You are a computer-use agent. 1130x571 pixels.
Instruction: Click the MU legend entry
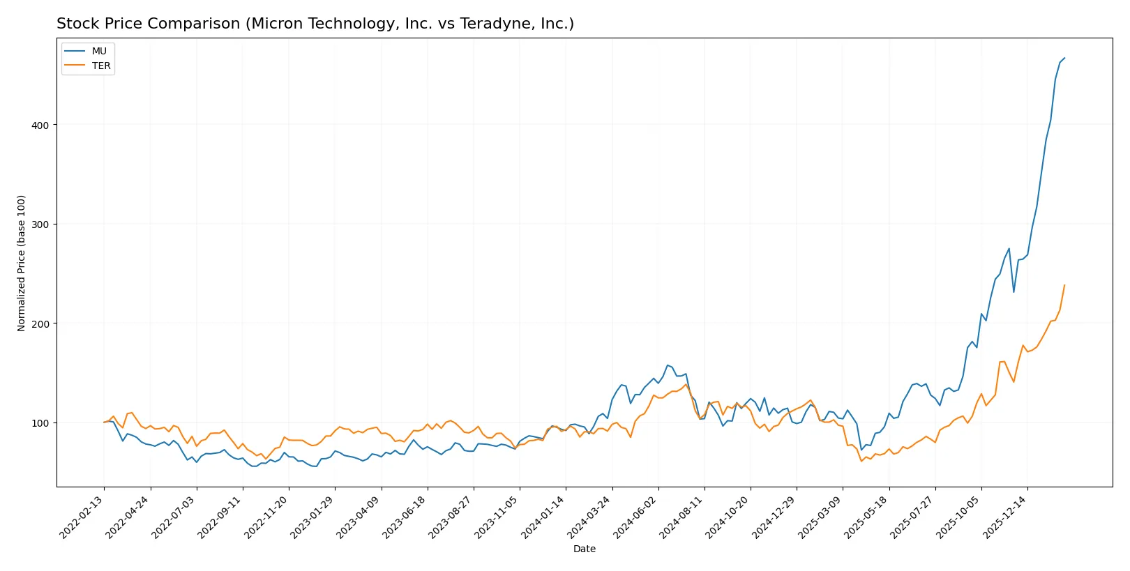(98, 52)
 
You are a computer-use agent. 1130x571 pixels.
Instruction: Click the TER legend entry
(100, 66)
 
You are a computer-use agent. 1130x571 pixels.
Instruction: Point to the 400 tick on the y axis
(40, 125)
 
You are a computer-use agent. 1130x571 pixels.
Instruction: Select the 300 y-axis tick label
(40, 224)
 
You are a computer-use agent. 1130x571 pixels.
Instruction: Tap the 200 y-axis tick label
(40, 324)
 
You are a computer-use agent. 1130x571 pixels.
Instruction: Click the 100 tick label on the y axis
(40, 423)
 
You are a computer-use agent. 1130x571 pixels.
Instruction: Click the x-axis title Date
(584, 549)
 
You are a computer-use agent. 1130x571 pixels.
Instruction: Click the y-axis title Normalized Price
(22, 263)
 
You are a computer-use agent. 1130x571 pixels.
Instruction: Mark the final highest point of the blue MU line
(1064, 58)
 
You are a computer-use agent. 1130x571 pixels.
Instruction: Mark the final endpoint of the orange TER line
(1064, 285)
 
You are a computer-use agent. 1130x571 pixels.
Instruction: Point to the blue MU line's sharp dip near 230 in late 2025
(1014, 292)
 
